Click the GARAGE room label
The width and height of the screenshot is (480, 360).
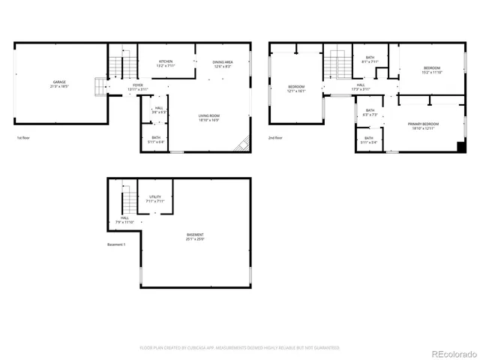tap(59, 83)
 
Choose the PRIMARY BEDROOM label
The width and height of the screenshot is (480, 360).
tap(422, 124)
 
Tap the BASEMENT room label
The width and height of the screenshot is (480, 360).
tap(195, 237)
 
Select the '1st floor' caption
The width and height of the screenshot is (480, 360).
tap(23, 138)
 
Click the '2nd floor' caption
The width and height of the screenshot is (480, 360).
tap(275, 138)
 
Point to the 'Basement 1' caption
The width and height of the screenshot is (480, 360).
tap(116, 245)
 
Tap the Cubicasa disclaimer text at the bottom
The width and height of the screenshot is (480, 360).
tap(240, 348)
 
